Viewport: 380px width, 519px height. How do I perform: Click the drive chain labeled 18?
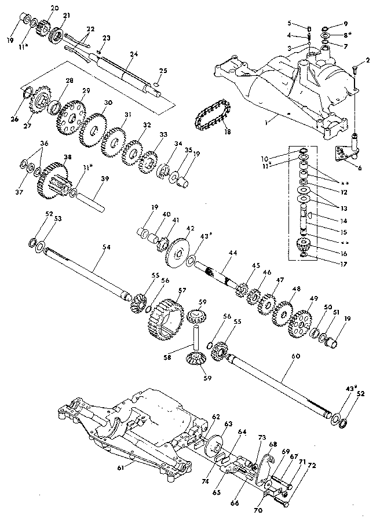[x=212, y=114]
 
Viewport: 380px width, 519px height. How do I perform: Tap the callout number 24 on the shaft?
[x=134, y=54]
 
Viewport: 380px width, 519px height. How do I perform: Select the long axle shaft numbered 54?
[x=87, y=272]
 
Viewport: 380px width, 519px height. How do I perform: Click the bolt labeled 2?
[x=354, y=72]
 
